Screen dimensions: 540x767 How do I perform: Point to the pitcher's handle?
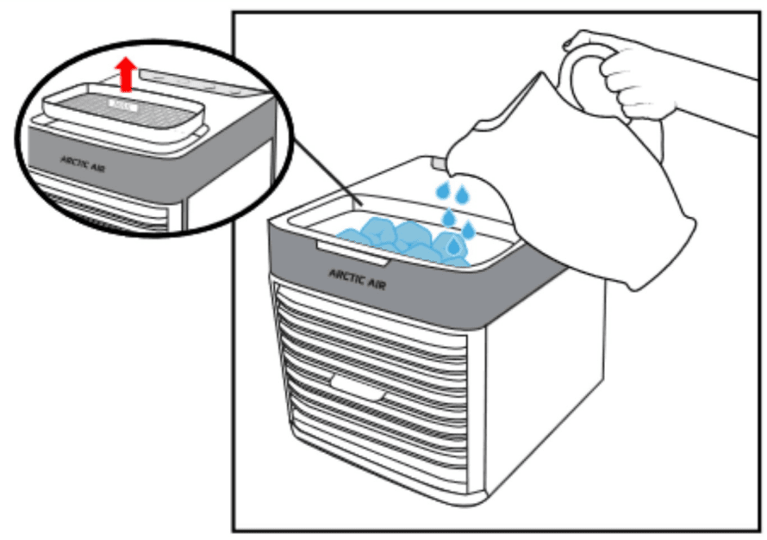pos(579,73)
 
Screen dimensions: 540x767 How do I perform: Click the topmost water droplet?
pos(442,189)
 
